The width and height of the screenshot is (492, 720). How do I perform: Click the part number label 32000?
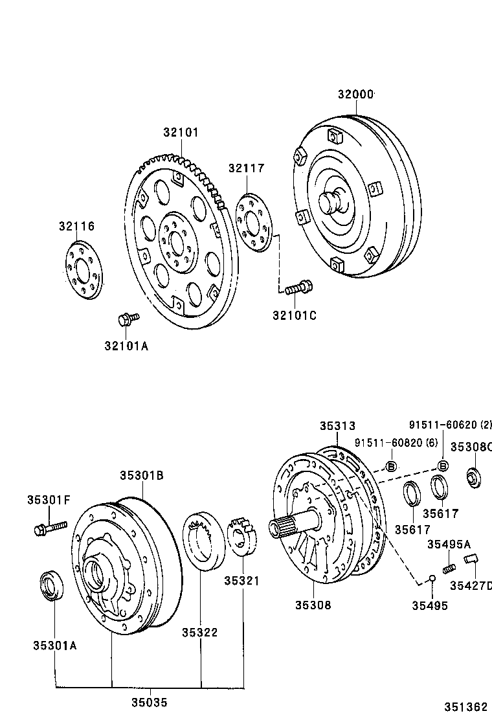(x=355, y=95)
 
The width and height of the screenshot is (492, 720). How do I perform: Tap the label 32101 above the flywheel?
(x=181, y=132)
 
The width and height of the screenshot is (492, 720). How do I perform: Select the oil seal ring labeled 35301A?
(x=52, y=587)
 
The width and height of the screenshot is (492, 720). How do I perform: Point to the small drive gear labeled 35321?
(x=243, y=537)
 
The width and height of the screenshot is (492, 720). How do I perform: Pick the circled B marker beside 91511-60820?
(x=391, y=466)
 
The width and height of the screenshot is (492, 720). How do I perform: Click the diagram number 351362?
(x=465, y=707)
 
